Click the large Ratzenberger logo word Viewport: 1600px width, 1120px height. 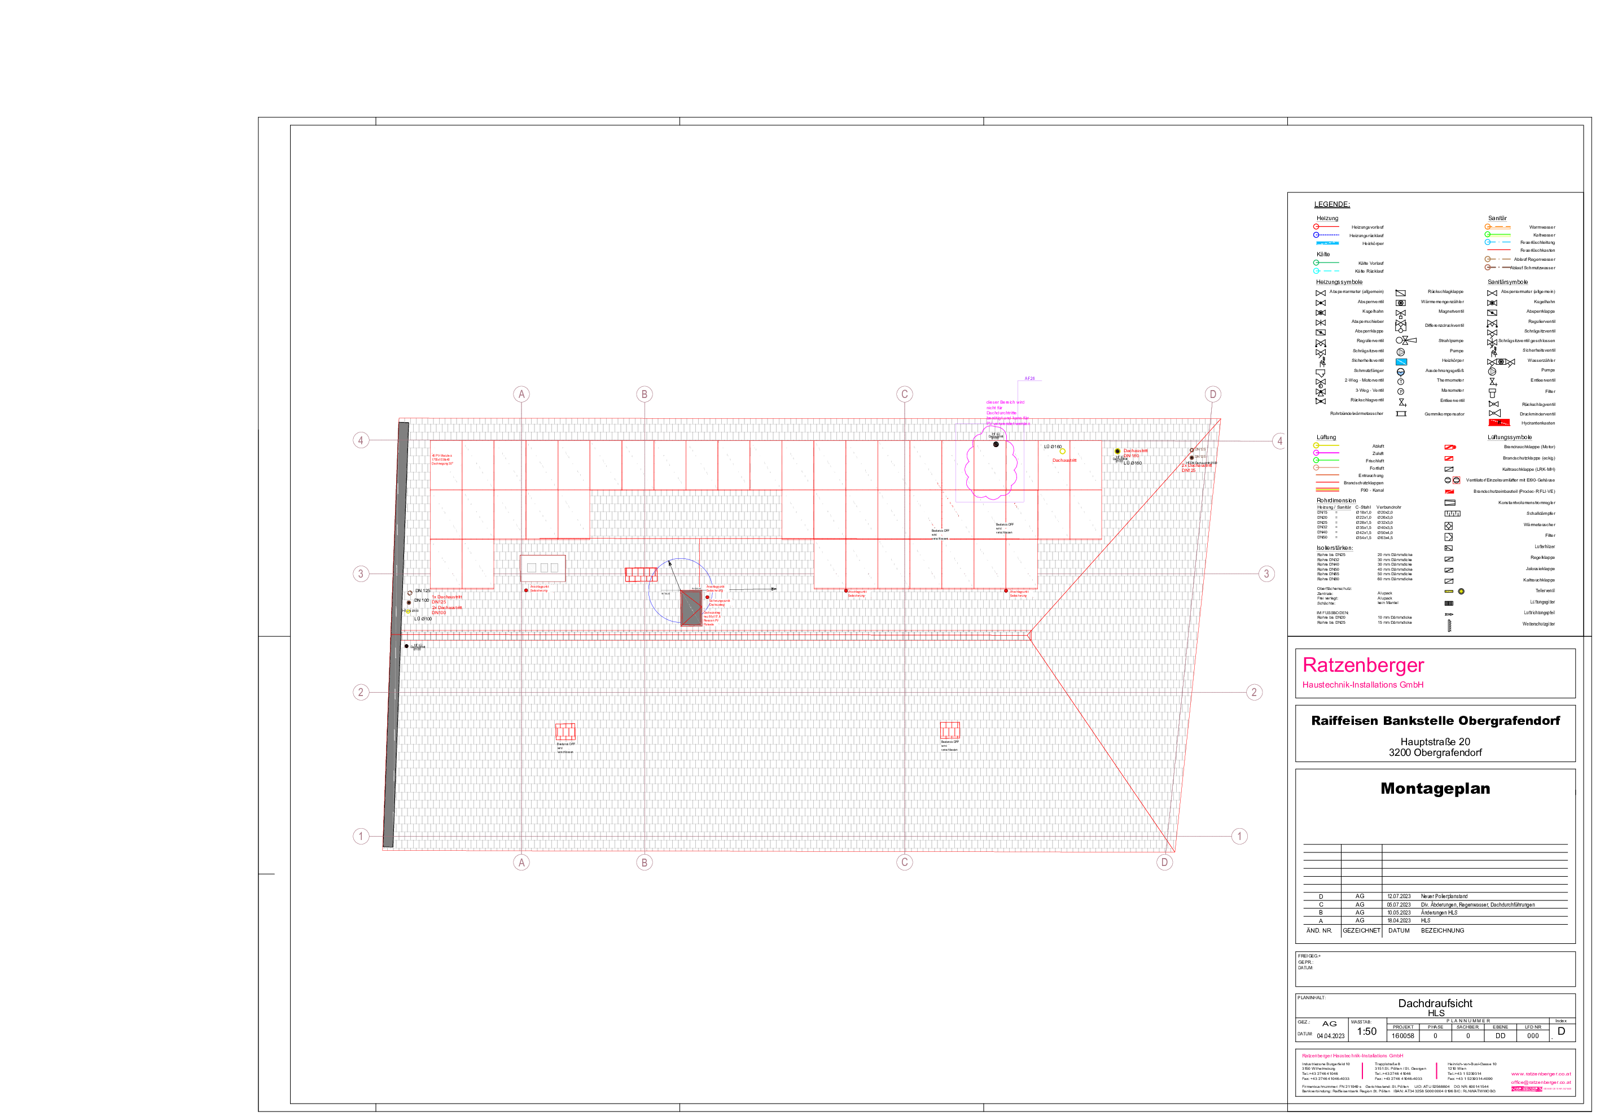(x=1362, y=665)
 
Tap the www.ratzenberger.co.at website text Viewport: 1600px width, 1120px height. (x=1541, y=1074)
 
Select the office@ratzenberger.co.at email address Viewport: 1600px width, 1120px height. (x=1541, y=1082)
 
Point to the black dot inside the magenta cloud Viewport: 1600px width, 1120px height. (x=996, y=444)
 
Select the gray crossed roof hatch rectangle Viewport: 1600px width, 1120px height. (x=691, y=608)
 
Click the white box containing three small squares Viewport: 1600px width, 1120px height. (x=543, y=567)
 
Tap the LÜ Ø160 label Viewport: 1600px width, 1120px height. (x=1052, y=447)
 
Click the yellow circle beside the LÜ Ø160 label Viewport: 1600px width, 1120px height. (x=1063, y=452)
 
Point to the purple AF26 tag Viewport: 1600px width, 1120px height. (x=1029, y=378)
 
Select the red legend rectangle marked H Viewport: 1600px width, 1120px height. (x=1498, y=422)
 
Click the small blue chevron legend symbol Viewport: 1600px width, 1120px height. (x=1400, y=374)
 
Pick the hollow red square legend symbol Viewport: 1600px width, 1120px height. (x=1456, y=480)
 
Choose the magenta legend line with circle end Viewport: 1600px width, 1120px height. (x=1326, y=452)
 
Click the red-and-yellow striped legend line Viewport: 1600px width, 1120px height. (x=1327, y=490)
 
